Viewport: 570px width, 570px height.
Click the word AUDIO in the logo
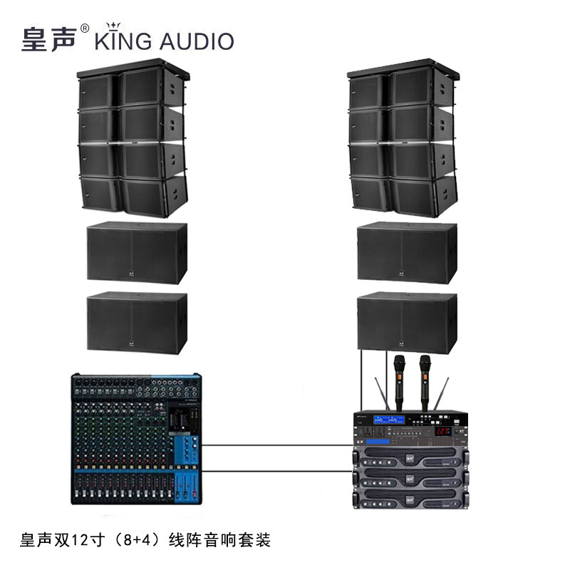(195, 41)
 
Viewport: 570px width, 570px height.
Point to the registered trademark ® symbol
(85, 29)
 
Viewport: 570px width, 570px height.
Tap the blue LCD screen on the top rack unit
(389, 420)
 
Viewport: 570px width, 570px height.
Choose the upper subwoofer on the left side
(136, 253)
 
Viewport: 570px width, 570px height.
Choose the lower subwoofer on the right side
(407, 323)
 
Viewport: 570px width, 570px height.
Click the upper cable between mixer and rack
(278, 446)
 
